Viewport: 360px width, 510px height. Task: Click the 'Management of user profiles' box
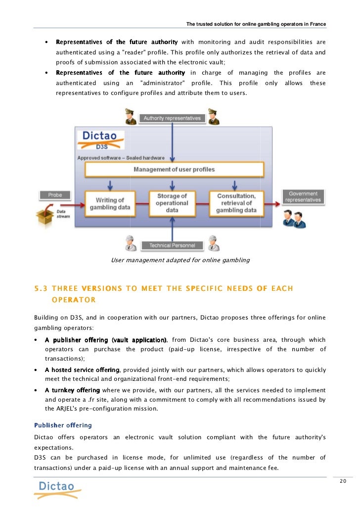coord(174,170)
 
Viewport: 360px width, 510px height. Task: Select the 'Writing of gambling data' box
coord(110,203)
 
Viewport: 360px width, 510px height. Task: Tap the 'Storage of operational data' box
coord(172,203)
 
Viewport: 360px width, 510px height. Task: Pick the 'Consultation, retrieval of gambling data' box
coord(236,203)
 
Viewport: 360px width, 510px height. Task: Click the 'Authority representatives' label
coord(172,118)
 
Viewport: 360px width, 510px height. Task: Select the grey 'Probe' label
coord(55,195)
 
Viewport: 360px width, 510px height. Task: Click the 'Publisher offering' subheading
coord(63,425)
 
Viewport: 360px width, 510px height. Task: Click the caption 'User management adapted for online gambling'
coord(180,260)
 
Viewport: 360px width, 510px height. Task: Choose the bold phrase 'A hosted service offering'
coord(82,370)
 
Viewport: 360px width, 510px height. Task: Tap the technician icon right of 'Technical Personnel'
coord(213,242)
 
